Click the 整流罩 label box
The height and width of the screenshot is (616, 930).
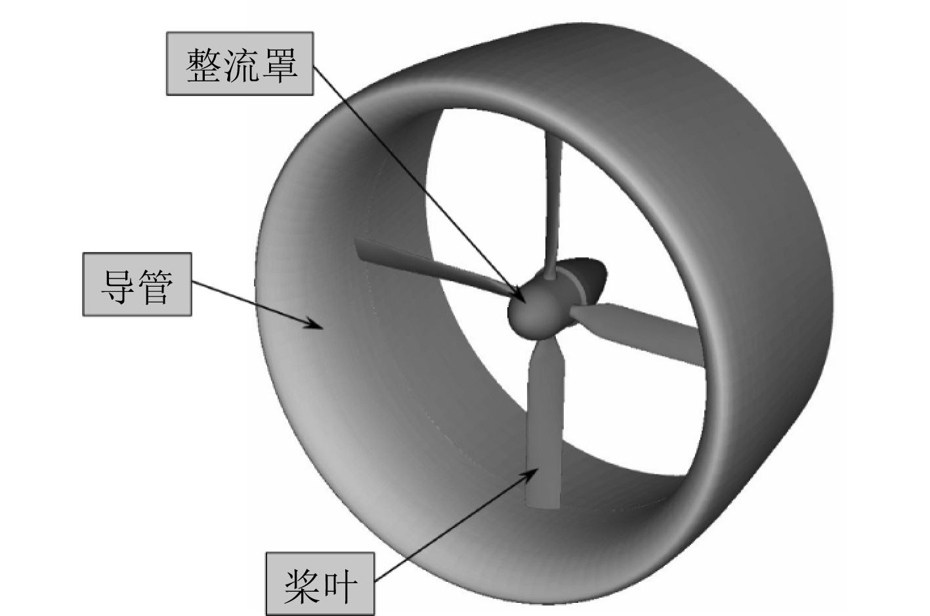pyautogui.click(x=240, y=64)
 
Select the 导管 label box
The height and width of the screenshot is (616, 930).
pyautogui.click(x=137, y=284)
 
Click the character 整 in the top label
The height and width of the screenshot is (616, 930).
pyautogui.click(x=205, y=65)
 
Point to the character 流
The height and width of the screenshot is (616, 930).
pyautogui.click(x=241, y=65)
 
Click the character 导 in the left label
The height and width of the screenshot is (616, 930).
pyautogui.click(x=118, y=285)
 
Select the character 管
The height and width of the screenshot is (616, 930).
pyautogui.click(x=156, y=285)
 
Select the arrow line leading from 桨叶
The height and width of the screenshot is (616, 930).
pyautogui.click(x=453, y=525)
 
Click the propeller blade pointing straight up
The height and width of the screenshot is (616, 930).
pyautogui.click(x=550, y=197)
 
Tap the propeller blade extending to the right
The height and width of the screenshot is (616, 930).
pyautogui.click(x=643, y=331)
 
